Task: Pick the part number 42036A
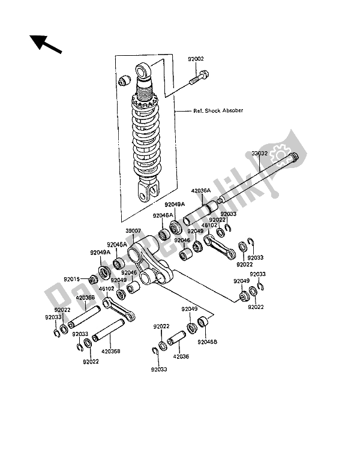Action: [200, 191]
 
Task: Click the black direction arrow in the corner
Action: [44, 43]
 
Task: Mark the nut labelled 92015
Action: [92, 279]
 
